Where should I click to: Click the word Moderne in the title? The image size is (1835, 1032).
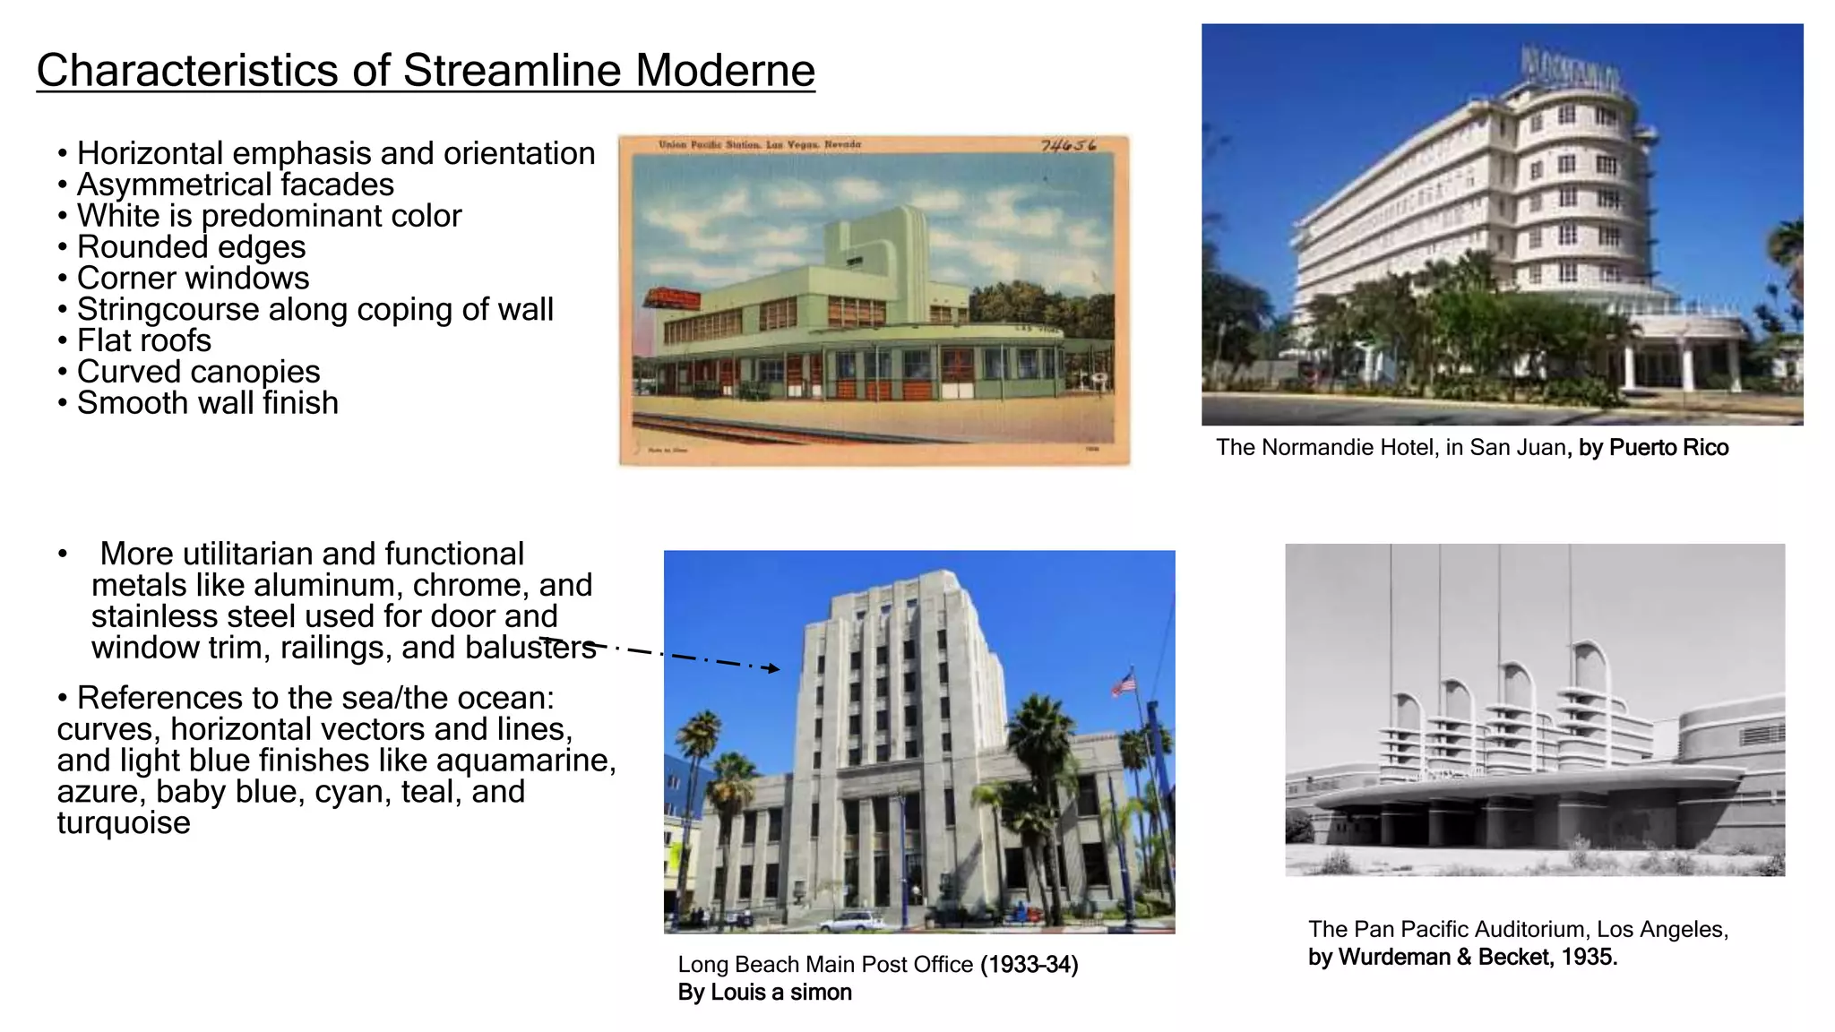coord(725,71)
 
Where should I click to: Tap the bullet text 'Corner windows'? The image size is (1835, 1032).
coord(193,279)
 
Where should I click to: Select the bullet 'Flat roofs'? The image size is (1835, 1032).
coord(143,341)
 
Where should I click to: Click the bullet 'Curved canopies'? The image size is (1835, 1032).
coord(198,372)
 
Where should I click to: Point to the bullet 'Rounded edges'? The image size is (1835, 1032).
coord(191,247)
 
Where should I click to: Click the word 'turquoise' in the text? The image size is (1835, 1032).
coord(124,823)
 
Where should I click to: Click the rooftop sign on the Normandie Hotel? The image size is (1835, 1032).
coord(1570,69)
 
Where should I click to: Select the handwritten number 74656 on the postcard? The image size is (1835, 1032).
coord(1068,145)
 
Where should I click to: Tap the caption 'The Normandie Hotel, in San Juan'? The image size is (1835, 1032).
coord(1390,448)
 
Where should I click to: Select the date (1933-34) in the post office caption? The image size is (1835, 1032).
coord(1029,965)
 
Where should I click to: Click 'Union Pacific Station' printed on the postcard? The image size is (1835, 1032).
coord(709,144)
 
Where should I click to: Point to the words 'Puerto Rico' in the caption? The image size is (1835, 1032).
coord(1668,448)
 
